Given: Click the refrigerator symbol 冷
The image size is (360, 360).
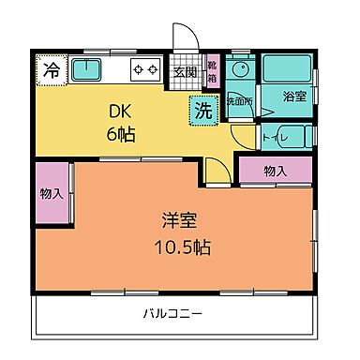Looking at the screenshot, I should (x=52, y=70).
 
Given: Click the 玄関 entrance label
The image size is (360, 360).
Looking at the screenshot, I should (x=184, y=73).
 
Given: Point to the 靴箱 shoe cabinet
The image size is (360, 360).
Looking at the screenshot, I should (x=212, y=73).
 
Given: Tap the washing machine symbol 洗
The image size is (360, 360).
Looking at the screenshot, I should (x=202, y=109).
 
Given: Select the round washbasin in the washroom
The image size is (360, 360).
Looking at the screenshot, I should (x=240, y=69).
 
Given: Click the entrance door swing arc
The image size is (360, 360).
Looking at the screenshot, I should (x=188, y=40).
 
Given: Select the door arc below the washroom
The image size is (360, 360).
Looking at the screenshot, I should (x=244, y=139).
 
